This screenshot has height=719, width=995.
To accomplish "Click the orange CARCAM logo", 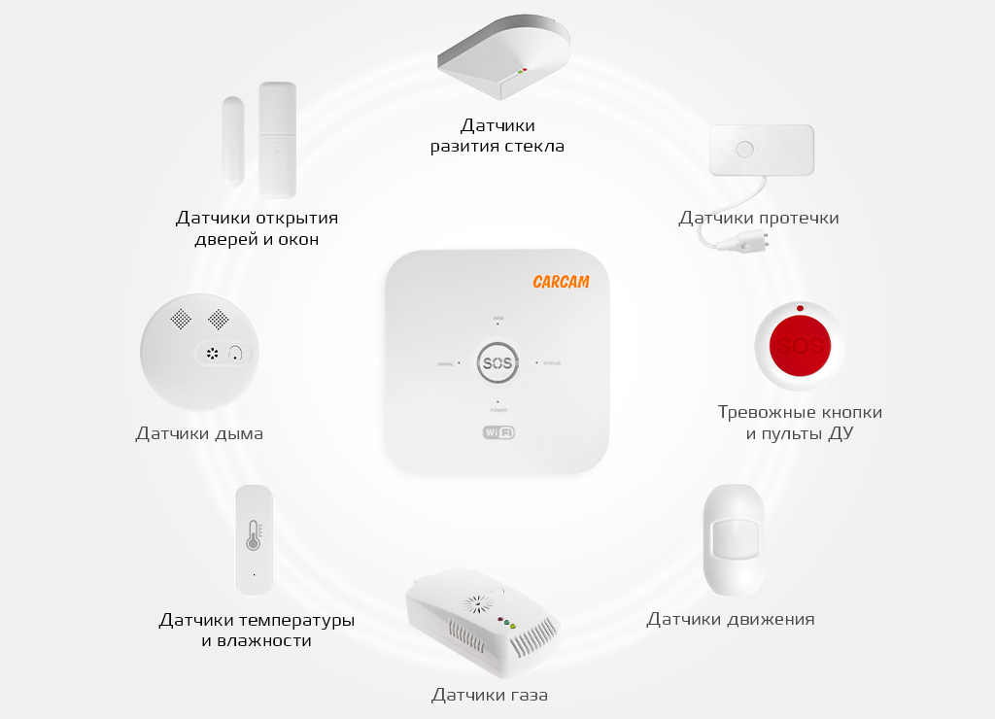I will pos(561,282).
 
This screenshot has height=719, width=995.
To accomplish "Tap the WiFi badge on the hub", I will pos(497,432).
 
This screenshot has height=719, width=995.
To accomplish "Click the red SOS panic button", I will pos(801,346).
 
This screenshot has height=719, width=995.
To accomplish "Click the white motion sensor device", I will pos(734,540).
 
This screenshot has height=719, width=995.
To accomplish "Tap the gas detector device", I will pos(481,623).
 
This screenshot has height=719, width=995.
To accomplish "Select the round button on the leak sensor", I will pos(745,151).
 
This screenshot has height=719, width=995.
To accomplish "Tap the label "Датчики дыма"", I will pos(199,433).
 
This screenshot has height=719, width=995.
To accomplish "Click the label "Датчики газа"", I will pos(490,695).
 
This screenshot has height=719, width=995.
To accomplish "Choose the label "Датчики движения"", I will pos(731,619).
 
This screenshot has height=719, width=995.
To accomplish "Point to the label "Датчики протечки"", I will pos(759,218).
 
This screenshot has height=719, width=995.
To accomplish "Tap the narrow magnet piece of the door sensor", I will pos(233,141).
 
